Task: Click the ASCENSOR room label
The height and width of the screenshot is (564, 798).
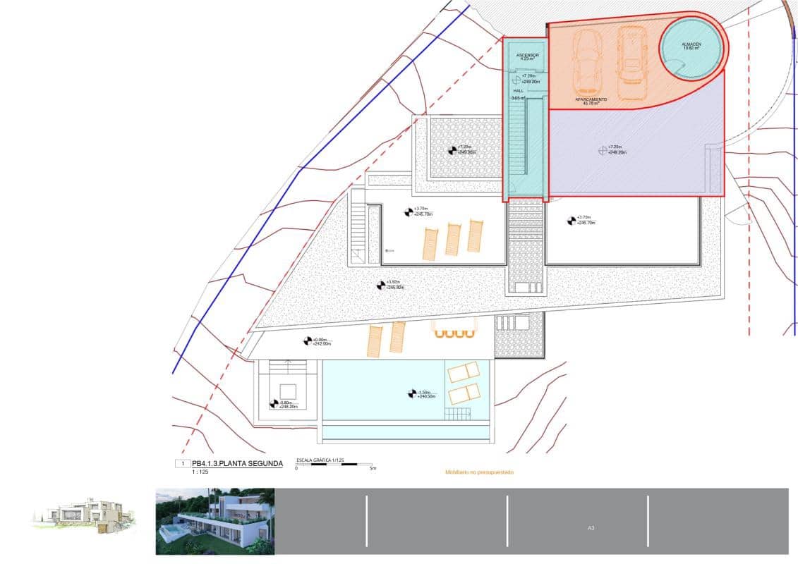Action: (x=527, y=55)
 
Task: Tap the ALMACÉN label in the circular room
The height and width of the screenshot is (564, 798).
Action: (x=691, y=44)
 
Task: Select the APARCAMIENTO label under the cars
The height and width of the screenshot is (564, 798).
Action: (x=591, y=100)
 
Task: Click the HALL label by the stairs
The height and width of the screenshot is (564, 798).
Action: (x=517, y=91)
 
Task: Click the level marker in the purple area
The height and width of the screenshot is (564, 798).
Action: (x=603, y=149)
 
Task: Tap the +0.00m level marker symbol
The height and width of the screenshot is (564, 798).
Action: (x=308, y=341)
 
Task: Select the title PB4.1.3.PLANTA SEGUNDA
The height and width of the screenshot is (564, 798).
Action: (x=237, y=463)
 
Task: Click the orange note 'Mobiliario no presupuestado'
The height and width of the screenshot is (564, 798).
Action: (x=479, y=472)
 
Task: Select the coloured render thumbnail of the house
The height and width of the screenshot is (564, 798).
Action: (x=214, y=522)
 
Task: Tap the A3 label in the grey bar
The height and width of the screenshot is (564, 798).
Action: (x=591, y=527)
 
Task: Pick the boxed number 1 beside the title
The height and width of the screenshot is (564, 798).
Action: (x=182, y=464)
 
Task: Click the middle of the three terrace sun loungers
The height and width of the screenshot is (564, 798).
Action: (x=452, y=239)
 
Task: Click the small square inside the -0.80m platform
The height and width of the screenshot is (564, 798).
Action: (x=288, y=391)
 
